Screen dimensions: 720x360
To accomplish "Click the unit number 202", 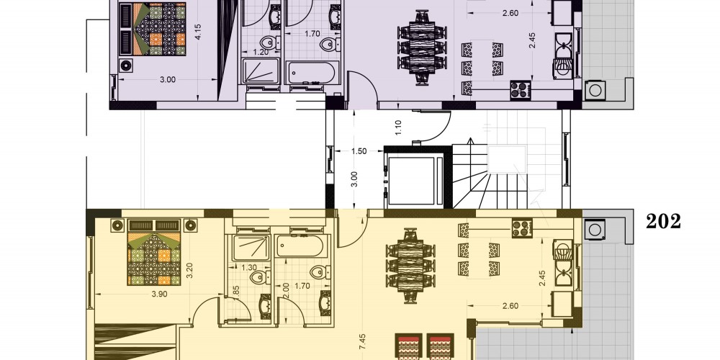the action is click(x=663, y=221).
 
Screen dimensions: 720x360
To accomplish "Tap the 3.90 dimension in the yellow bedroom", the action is click(x=159, y=294).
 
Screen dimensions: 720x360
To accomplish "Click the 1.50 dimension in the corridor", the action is click(x=359, y=151).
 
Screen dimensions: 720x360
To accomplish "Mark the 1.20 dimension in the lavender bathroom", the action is click(x=261, y=52).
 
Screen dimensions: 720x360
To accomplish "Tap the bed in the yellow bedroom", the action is click(x=153, y=252).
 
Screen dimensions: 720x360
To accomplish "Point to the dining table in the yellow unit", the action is click(x=410, y=266).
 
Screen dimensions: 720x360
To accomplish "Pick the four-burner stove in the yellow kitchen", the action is click(x=522, y=228).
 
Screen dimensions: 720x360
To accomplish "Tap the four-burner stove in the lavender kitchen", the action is click(x=521, y=90).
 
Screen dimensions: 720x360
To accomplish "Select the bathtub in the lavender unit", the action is click(x=312, y=73).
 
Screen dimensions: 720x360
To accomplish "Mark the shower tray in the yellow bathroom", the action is click(x=251, y=248).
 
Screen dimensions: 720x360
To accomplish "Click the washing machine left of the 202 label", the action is click(x=595, y=229).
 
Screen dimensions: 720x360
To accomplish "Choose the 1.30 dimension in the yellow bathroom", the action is click(x=249, y=267).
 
